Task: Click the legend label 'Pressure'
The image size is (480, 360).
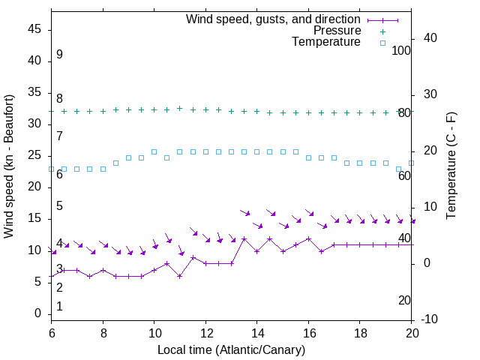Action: click(337, 31)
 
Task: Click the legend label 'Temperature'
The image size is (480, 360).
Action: click(326, 42)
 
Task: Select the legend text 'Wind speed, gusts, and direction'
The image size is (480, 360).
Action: click(274, 19)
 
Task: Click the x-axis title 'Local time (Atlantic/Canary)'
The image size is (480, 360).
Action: click(231, 349)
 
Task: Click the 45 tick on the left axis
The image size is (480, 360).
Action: click(36, 29)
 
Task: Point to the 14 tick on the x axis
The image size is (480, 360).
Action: click(257, 332)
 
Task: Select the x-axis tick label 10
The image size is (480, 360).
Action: click(154, 332)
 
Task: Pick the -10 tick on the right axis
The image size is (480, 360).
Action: click(427, 319)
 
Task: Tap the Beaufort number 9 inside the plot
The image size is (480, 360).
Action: click(59, 55)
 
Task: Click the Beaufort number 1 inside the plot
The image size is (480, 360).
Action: click(59, 306)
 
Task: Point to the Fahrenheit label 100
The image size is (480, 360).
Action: click(401, 50)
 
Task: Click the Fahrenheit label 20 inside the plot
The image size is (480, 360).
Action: click(404, 300)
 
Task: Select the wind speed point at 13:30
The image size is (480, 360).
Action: click(244, 238)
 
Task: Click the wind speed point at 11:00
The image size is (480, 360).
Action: click(180, 276)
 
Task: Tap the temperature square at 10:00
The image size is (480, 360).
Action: click(154, 151)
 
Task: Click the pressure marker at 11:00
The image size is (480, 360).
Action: click(180, 108)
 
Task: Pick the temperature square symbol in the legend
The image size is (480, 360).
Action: click(382, 43)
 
